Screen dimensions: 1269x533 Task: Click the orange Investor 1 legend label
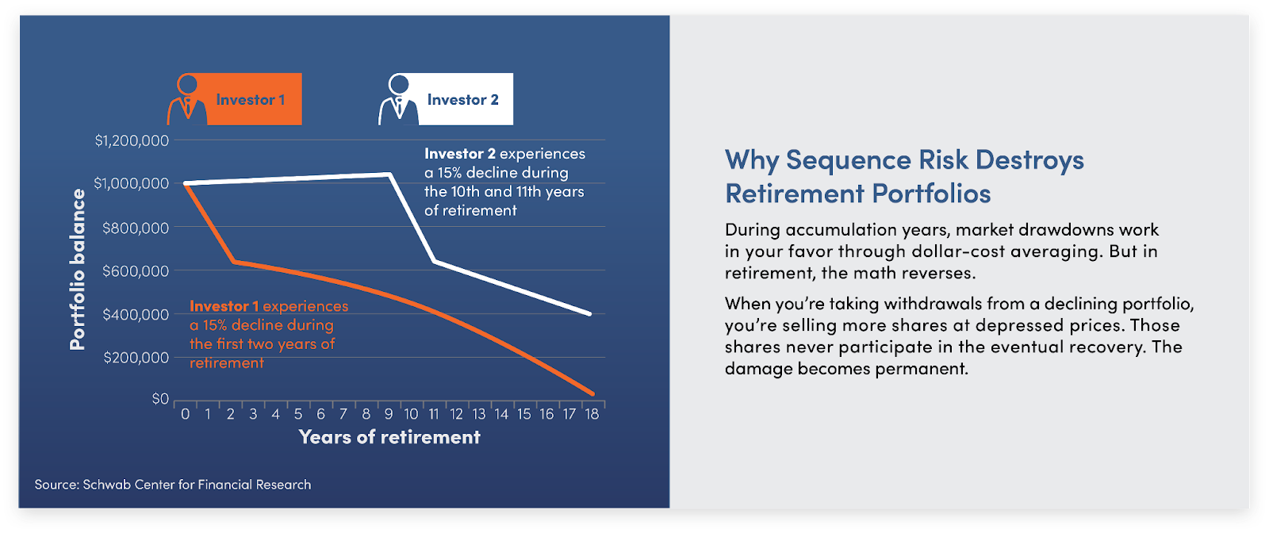[250, 100]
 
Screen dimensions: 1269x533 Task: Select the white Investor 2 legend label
[463, 100]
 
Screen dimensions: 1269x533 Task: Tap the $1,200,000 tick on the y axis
[132, 140]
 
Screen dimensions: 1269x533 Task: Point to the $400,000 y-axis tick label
[136, 314]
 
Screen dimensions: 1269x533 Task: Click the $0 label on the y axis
[160, 399]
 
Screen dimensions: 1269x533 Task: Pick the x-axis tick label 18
[592, 415]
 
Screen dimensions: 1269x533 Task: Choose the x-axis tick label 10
[412, 415]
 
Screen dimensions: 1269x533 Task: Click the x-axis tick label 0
[186, 415]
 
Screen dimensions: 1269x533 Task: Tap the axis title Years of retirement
[389, 437]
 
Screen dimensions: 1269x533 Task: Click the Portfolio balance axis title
[78, 269]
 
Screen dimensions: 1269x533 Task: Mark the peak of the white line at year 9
[389, 174]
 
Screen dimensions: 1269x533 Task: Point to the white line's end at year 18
[590, 314]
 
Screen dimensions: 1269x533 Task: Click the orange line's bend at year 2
[234, 261]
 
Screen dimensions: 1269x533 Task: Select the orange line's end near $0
[592, 393]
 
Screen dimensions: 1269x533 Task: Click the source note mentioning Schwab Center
[173, 485]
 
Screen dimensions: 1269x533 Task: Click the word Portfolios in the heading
[931, 194]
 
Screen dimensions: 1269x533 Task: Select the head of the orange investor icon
[187, 84]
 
